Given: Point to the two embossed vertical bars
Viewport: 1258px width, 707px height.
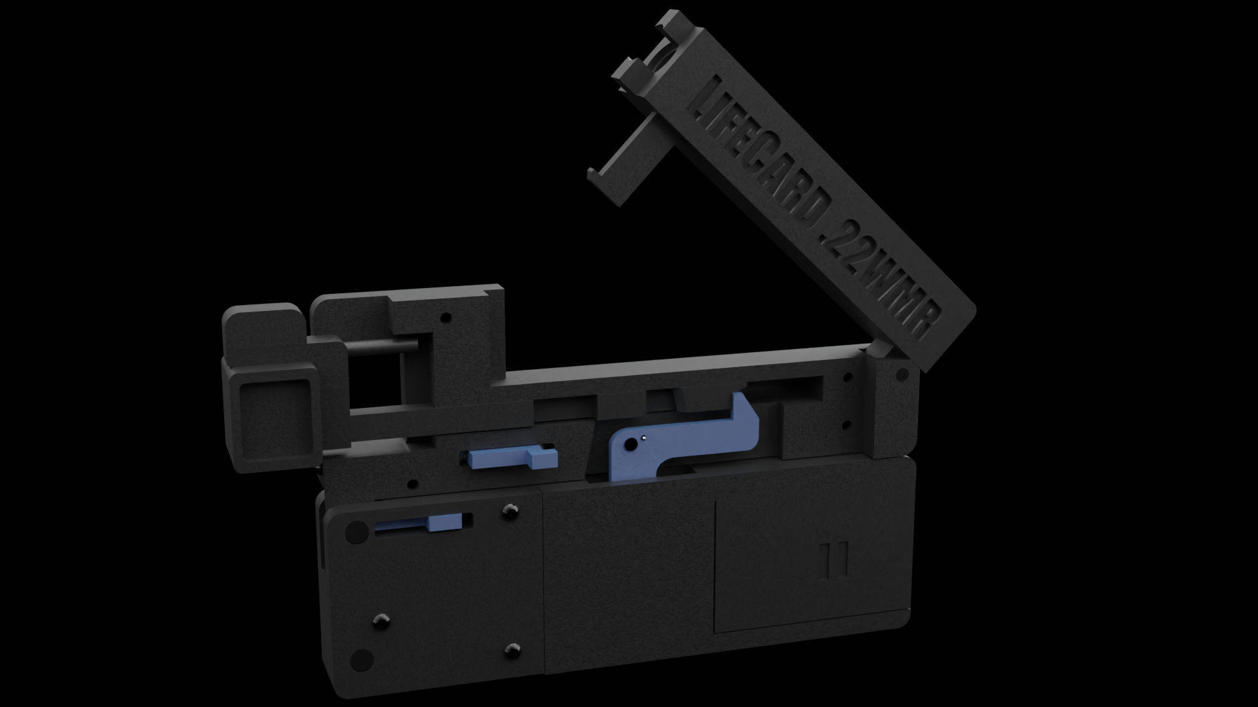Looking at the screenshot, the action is pos(835,560).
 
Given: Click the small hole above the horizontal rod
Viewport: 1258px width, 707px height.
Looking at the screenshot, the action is pos(446,319).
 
